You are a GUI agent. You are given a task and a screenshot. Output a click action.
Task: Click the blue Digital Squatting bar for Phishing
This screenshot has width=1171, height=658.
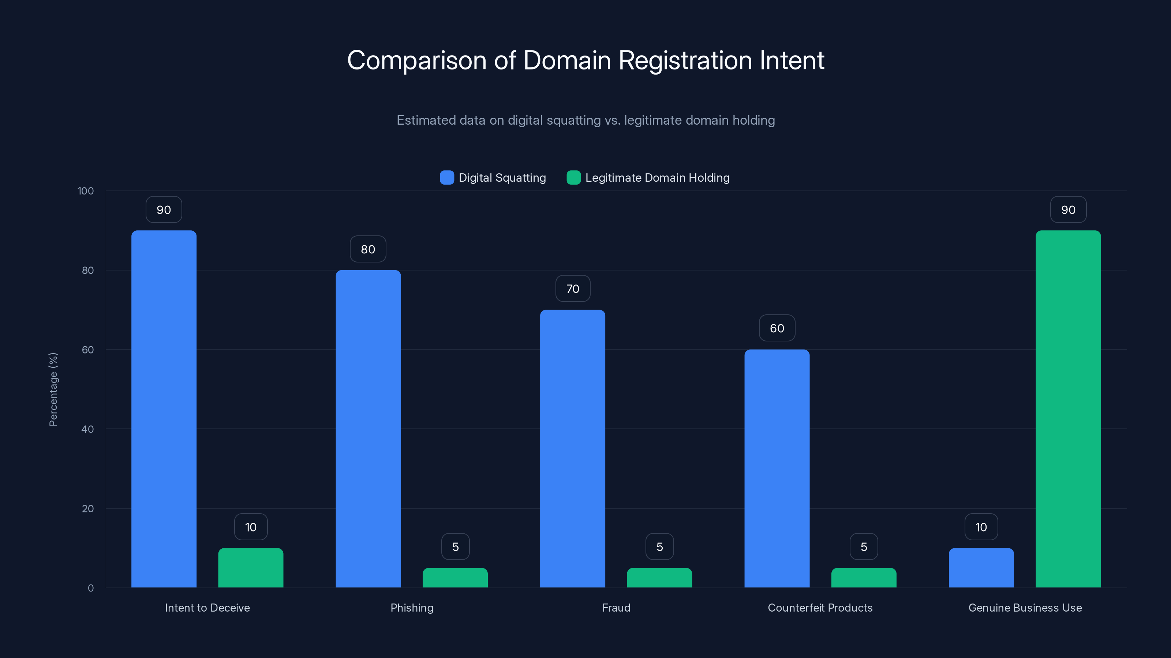[368, 429]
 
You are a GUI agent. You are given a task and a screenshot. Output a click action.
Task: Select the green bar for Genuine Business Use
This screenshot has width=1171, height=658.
[1068, 409]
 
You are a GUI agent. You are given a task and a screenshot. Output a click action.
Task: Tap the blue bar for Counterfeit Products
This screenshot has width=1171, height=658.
[777, 468]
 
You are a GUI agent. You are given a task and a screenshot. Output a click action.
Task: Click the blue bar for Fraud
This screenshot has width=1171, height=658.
[572, 449]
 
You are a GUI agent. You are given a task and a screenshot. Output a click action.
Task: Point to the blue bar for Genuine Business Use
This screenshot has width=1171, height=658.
[981, 568]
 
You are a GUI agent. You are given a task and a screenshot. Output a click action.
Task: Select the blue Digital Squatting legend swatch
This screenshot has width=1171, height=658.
[447, 178]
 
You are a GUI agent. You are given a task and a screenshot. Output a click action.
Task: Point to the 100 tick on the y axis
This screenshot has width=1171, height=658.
[86, 191]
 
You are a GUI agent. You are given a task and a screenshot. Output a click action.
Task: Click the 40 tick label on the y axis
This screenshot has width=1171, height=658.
[88, 429]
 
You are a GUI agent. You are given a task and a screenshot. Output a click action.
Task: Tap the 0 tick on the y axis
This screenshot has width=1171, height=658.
[90, 588]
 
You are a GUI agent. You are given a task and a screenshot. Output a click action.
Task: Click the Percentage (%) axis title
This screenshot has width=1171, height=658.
[53, 389]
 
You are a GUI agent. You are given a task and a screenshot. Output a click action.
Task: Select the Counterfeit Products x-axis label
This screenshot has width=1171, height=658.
[820, 608]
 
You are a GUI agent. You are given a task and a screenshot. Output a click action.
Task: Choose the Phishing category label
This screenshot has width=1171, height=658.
[412, 608]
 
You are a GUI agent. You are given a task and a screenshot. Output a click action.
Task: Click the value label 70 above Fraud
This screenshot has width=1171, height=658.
[573, 289]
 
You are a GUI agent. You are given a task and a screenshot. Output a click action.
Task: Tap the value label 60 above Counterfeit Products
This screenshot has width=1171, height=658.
[777, 328]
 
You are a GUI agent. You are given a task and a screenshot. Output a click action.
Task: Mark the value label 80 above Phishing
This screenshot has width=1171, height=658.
[368, 249]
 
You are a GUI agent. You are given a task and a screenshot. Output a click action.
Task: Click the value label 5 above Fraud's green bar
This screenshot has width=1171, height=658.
[659, 547]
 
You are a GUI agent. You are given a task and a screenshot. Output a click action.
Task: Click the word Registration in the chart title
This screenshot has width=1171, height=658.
[685, 60]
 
